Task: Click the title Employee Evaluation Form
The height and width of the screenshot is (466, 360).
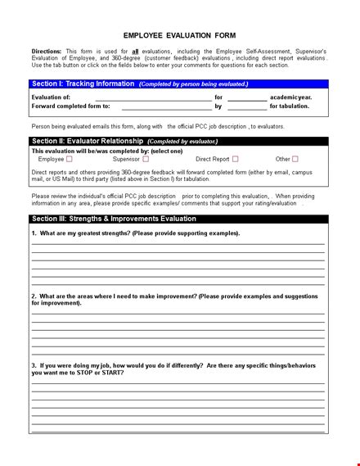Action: coord(179,35)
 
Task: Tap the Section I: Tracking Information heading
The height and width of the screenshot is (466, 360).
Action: coord(82,84)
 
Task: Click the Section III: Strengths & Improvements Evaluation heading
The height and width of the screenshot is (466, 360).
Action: coord(113,219)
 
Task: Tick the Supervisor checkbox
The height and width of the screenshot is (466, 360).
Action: coord(146,159)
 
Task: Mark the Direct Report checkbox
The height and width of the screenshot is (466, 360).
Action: coord(236,159)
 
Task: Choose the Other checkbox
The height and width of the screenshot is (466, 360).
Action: coord(295,159)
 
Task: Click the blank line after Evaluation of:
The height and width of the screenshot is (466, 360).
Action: coord(153,97)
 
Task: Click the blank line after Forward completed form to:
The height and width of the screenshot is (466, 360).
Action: coord(166,106)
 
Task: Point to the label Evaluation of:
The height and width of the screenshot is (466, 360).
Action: coord(51,97)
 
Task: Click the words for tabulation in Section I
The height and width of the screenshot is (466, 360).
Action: coord(290,106)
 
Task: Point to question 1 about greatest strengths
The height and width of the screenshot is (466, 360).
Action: coord(136,233)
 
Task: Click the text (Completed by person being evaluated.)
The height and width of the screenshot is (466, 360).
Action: coord(194,84)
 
